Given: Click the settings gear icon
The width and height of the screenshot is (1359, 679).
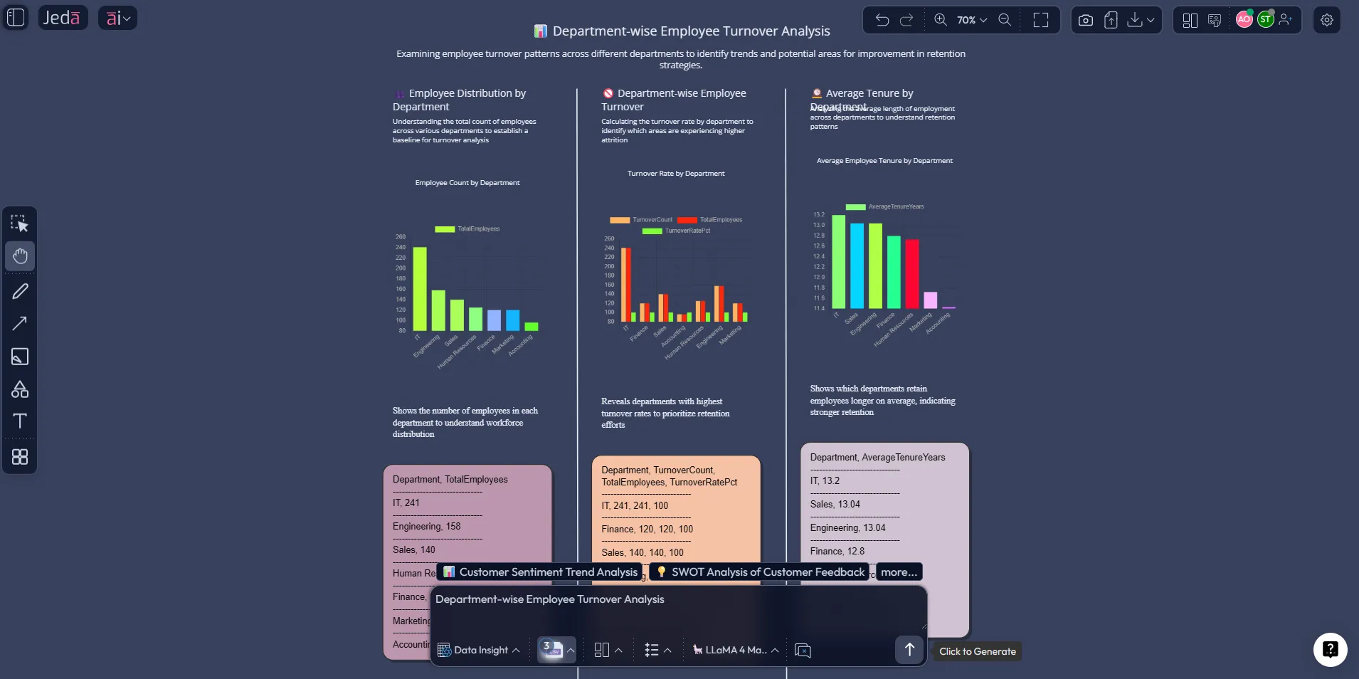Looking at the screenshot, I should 1327,20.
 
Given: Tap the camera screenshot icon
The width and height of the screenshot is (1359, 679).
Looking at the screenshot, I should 1085,20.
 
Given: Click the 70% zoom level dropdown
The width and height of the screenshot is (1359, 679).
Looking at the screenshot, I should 971,20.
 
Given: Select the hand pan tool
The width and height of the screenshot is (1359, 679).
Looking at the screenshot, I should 20,256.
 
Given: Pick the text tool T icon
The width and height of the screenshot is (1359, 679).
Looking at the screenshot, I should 20,421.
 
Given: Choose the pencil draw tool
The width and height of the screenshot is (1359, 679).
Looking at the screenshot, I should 20,291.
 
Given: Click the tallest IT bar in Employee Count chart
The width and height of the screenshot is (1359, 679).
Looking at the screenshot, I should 420,288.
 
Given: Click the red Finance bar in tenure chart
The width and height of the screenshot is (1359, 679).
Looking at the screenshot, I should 912,274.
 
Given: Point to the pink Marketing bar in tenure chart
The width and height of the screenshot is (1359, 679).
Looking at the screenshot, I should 930,300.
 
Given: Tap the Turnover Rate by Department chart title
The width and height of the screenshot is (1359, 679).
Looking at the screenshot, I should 676,174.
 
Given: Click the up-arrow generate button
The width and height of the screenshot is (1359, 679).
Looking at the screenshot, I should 909,649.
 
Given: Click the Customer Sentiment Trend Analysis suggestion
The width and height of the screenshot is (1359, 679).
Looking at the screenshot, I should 540,572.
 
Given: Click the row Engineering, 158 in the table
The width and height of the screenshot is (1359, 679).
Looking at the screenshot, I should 427,527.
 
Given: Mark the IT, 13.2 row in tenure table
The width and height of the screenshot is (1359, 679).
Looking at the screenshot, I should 825,481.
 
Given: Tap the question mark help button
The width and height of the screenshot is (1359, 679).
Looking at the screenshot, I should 1330,649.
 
